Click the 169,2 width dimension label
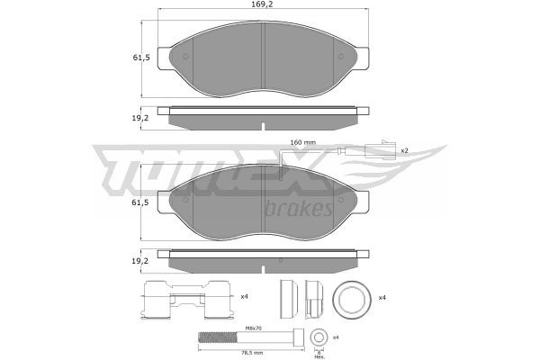click(x=263, y=4)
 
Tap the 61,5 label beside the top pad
click(x=141, y=58)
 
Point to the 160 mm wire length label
click(x=302, y=142)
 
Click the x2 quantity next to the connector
click(x=404, y=150)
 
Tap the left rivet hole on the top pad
click(x=185, y=57)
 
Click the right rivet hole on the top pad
click(x=341, y=57)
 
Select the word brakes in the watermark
click(x=299, y=208)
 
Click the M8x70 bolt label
click(x=254, y=328)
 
